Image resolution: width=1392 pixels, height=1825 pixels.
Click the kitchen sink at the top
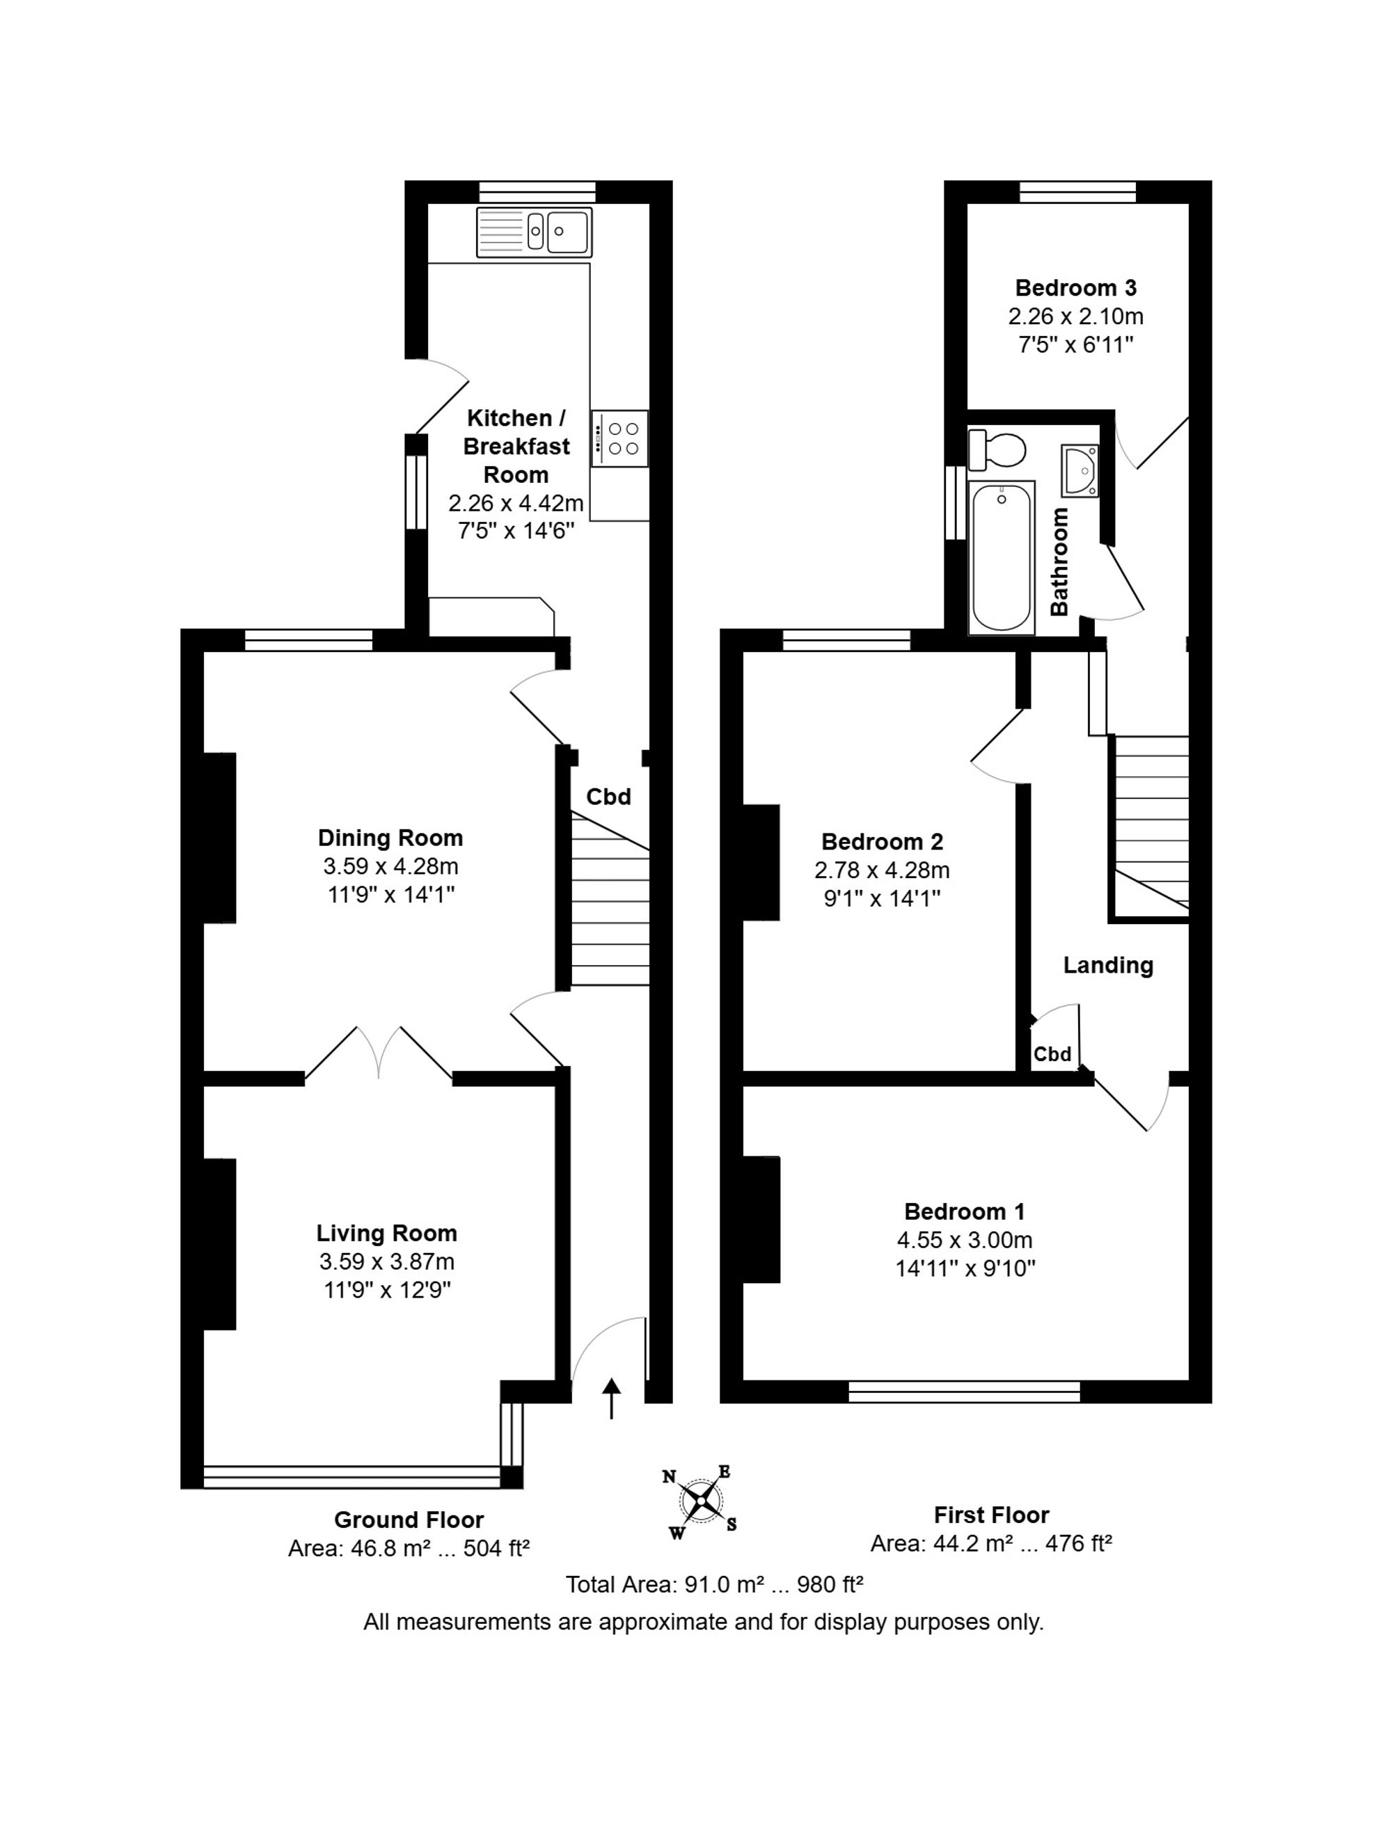534,231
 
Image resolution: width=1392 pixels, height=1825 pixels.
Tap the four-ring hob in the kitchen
619,438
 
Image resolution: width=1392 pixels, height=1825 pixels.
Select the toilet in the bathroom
997,449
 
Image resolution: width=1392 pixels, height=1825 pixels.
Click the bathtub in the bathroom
1002,557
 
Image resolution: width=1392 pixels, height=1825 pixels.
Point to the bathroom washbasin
1079,470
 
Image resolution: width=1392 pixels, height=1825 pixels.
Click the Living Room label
386,1233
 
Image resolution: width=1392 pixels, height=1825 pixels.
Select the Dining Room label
390,838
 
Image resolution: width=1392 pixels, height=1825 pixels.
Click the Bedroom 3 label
1075,287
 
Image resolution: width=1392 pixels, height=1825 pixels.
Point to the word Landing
1108,965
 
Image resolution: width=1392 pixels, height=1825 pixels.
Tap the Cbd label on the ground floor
609,796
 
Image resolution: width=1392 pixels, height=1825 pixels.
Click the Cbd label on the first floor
1052,1054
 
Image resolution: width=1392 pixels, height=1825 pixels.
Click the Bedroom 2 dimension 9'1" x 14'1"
882,898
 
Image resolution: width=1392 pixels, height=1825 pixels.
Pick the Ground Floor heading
409,1520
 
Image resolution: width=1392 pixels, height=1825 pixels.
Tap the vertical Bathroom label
1059,561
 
